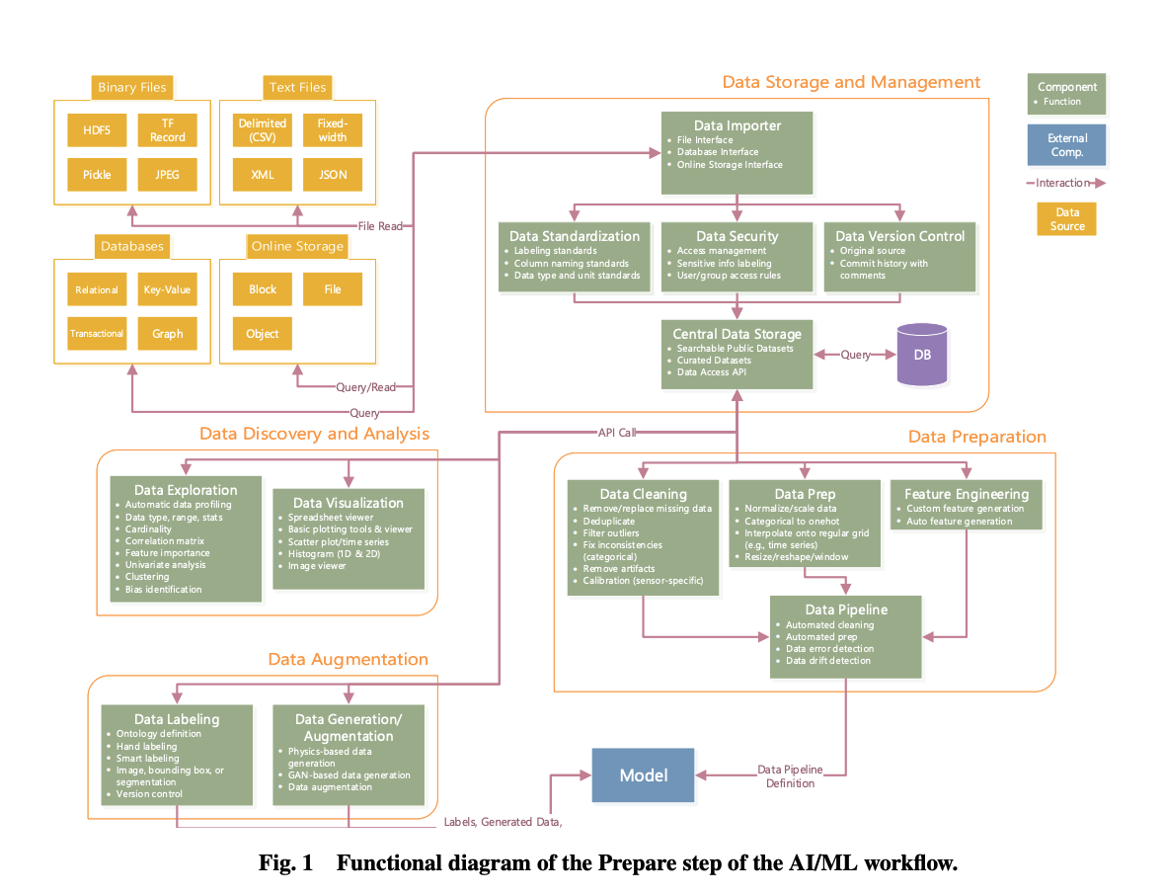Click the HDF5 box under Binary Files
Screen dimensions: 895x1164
(x=97, y=130)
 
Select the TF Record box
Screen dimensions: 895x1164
(x=167, y=130)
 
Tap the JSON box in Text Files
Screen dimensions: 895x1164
(x=333, y=175)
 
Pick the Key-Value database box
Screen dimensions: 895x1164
(x=167, y=289)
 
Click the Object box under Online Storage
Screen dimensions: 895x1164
(x=263, y=334)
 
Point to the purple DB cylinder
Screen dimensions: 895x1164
(x=921, y=355)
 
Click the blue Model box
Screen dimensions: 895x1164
(x=644, y=775)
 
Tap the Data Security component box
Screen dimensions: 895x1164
(x=737, y=256)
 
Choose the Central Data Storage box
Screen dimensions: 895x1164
(x=737, y=353)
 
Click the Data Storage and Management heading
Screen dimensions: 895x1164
(x=851, y=82)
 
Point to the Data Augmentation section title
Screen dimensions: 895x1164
(x=349, y=659)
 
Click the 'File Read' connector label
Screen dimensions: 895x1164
(x=380, y=226)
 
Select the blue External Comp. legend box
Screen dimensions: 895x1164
(x=1066, y=145)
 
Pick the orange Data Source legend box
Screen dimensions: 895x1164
(x=1066, y=219)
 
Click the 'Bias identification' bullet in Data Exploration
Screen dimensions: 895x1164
(x=163, y=590)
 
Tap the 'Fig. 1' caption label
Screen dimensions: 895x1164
(x=285, y=863)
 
